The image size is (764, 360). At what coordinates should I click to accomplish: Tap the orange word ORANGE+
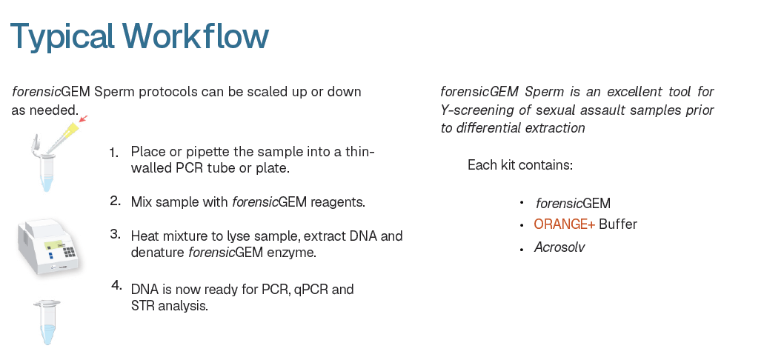pyautogui.click(x=564, y=224)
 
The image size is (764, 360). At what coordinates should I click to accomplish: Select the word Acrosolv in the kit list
pyautogui.click(x=559, y=247)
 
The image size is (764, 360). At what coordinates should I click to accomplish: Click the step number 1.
pyautogui.click(x=114, y=153)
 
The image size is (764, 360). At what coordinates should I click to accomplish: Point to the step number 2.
pyautogui.click(x=115, y=201)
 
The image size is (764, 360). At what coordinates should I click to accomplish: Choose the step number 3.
pyautogui.click(x=115, y=234)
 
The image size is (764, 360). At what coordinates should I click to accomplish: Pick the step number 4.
pyautogui.click(x=116, y=285)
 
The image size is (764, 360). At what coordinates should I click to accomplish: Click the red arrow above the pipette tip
pyautogui.click(x=83, y=119)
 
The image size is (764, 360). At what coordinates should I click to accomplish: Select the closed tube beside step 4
pyautogui.click(x=47, y=322)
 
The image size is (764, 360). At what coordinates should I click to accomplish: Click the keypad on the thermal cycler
pyautogui.click(x=70, y=251)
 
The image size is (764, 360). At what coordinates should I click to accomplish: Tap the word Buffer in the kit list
pyautogui.click(x=618, y=224)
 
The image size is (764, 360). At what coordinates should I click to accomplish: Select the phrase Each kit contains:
pyautogui.click(x=520, y=165)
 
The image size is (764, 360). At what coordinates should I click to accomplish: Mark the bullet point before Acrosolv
pyautogui.click(x=522, y=249)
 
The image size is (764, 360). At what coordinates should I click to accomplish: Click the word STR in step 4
pyautogui.click(x=142, y=307)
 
